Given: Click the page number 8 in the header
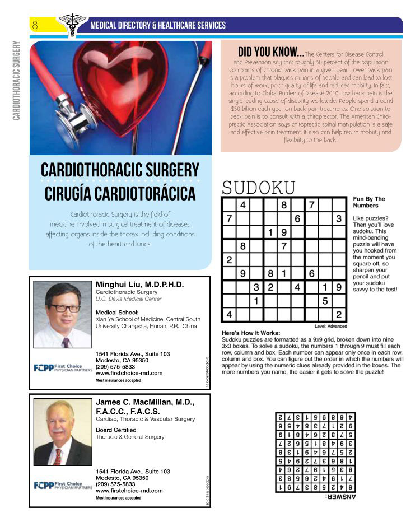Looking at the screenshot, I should click(x=35, y=25).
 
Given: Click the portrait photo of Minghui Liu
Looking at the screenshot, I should click(x=62, y=314).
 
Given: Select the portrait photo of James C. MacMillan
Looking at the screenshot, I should click(x=62, y=431).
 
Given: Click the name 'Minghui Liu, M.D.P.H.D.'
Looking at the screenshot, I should click(x=140, y=285).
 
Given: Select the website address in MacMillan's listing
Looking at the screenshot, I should click(x=129, y=490).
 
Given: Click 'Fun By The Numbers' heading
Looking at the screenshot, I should click(x=369, y=202).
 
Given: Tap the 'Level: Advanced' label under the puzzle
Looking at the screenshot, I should click(x=330, y=327).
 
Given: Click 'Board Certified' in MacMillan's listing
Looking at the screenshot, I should click(x=116, y=430).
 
